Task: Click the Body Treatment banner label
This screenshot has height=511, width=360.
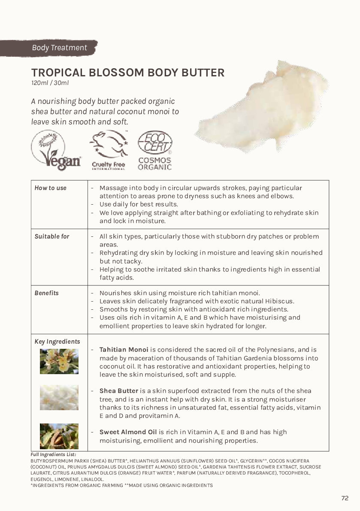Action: (59, 48)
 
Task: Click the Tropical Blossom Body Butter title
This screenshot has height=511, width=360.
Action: (127, 73)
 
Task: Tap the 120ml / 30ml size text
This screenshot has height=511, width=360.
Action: (50, 83)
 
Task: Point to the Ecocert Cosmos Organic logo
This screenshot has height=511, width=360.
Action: (154, 150)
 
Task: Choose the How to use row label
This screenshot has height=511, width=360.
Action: (51, 188)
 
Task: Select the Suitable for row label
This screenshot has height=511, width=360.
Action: (52, 236)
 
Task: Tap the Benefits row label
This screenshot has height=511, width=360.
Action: (46, 293)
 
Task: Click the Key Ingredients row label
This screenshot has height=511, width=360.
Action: (57, 342)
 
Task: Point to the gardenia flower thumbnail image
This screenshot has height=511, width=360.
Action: (59, 361)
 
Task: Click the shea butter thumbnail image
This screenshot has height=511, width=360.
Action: (59, 397)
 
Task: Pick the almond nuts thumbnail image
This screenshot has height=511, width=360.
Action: (59, 436)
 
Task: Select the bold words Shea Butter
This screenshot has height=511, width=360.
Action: (119, 391)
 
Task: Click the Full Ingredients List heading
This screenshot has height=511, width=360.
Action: (53, 454)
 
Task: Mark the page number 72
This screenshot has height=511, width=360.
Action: (345, 498)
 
